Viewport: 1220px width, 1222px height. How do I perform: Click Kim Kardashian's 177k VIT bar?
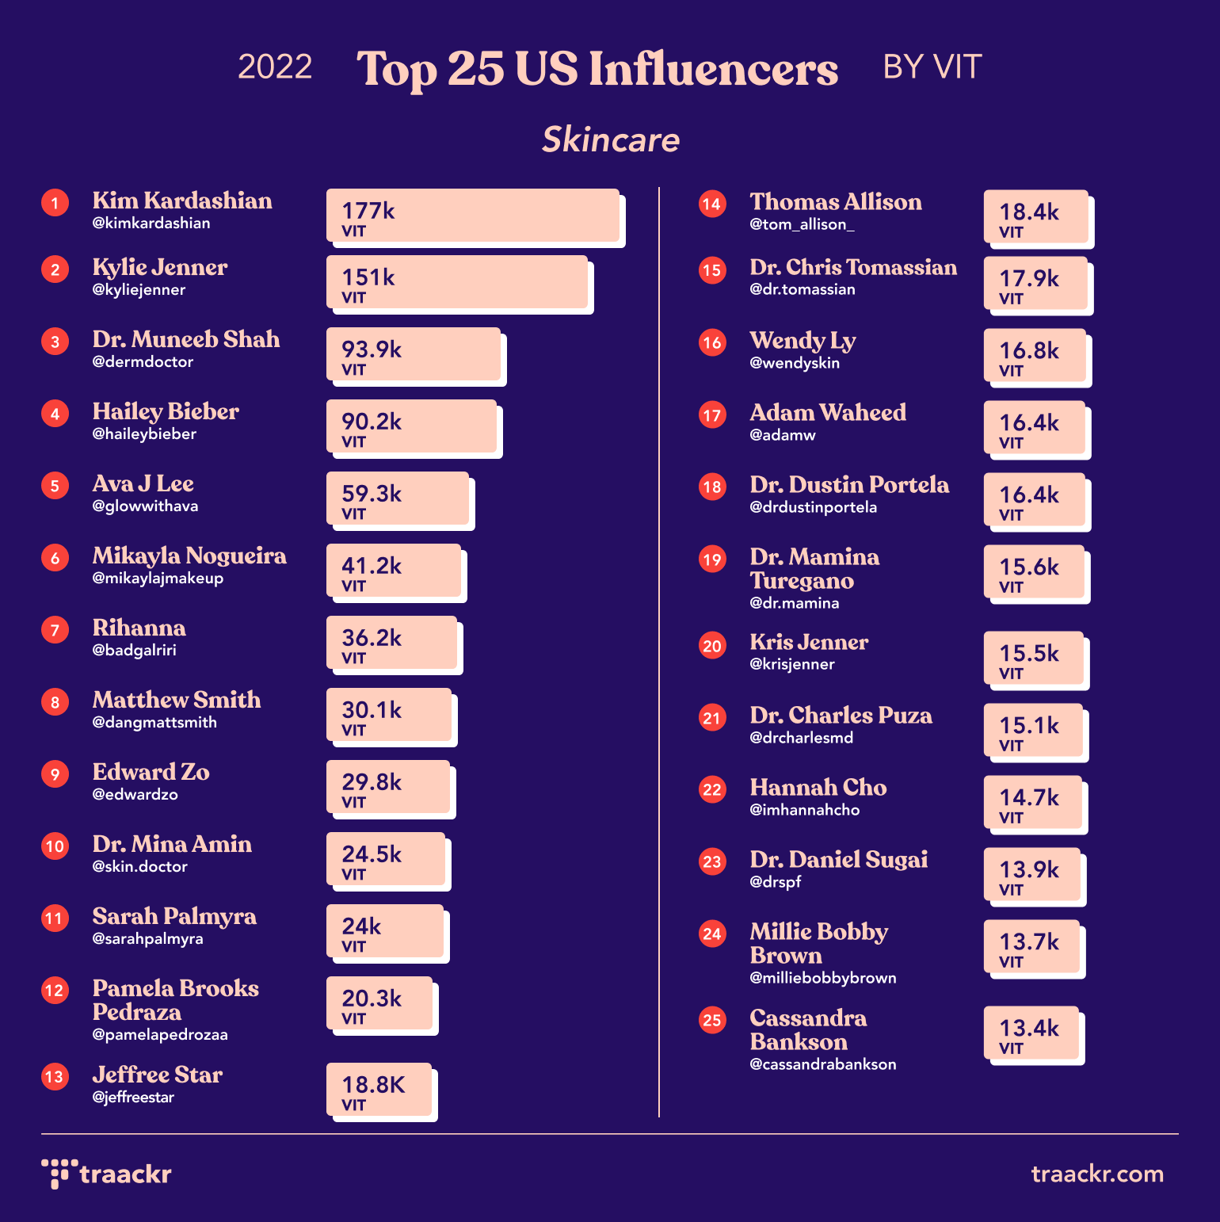point(474,216)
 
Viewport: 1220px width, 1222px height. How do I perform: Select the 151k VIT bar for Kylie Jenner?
point(458,283)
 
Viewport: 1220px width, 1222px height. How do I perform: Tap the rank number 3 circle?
point(55,342)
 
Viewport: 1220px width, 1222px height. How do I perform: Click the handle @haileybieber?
point(144,434)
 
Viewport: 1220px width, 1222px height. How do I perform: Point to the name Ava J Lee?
point(143,483)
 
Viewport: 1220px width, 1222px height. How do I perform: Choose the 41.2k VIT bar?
point(395,571)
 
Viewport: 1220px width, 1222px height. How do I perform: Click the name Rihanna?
point(139,628)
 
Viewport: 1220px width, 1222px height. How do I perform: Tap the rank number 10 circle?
point(55,846)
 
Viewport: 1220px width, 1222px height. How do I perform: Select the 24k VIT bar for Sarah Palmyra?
point(386,932)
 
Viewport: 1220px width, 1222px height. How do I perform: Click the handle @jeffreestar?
point(133,1098)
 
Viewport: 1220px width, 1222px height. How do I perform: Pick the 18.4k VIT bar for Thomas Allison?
point(1036,217)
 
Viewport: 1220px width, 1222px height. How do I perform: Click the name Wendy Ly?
point(803,340)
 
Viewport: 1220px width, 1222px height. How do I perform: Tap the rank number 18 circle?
point(712,487)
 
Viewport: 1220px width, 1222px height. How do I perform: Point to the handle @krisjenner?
point(792,665)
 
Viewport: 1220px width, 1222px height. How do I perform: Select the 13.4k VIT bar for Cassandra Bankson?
point(1031,1033)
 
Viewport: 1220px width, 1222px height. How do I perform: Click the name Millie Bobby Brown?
point(818,943)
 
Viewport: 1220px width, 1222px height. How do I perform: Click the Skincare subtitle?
point(611,139)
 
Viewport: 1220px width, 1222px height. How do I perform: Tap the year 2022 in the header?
point(275,67)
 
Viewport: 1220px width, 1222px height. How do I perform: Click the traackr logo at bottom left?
point(107,1174)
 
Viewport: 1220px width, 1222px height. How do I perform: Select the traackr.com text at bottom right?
point(1096,1174)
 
